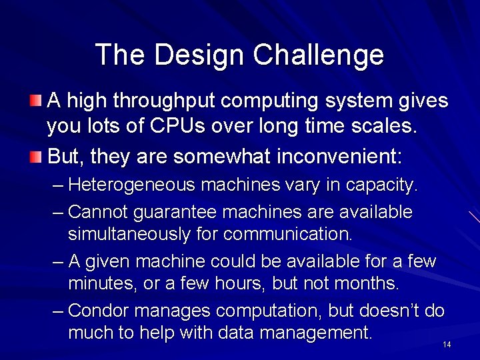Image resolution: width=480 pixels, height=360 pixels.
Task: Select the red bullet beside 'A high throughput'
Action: [x=35, y=101]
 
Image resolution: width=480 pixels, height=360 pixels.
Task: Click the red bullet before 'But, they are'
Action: [x=35, y=157]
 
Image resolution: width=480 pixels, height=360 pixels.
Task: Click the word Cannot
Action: [x=98, y=213]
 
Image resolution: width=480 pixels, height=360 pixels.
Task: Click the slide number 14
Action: [x=447, y=345]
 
